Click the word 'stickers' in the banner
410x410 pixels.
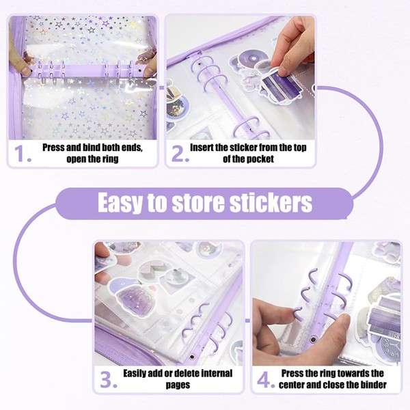click(x=271, y=203)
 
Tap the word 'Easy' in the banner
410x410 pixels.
click(x=121, y=204)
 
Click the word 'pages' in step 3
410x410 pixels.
click(x=178, y=385)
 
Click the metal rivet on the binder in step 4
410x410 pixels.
click(x=312, y=340)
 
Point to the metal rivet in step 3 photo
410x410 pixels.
click(x=193, y=357)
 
